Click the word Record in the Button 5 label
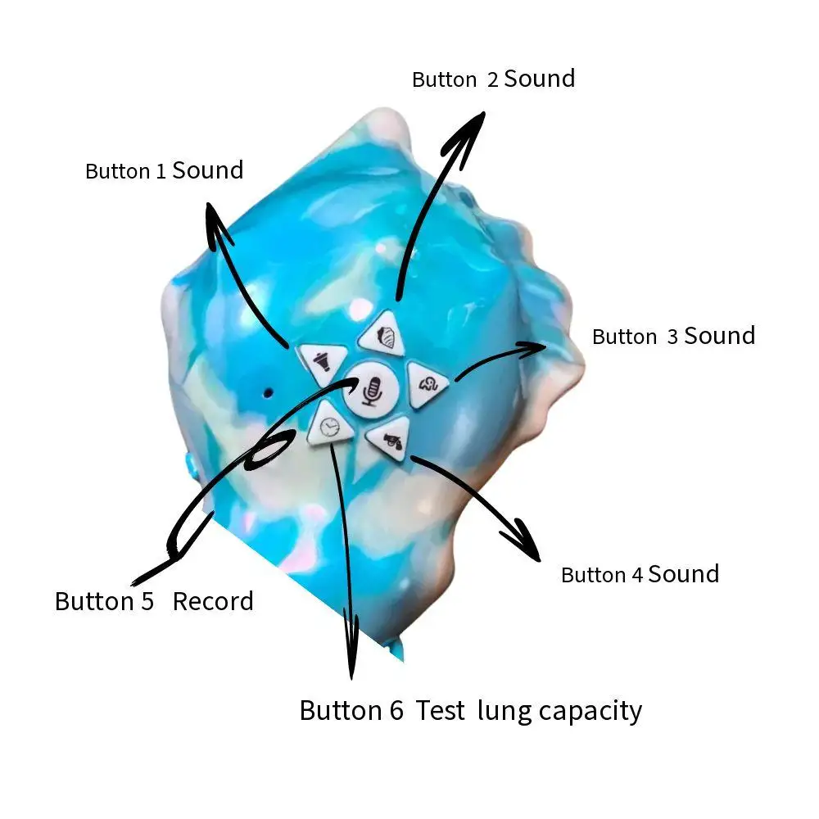(213, 601)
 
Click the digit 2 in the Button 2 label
(492, 79)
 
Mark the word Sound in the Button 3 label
(719, 336)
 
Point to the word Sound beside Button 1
(207, 170)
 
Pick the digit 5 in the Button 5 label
(147, 601)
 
